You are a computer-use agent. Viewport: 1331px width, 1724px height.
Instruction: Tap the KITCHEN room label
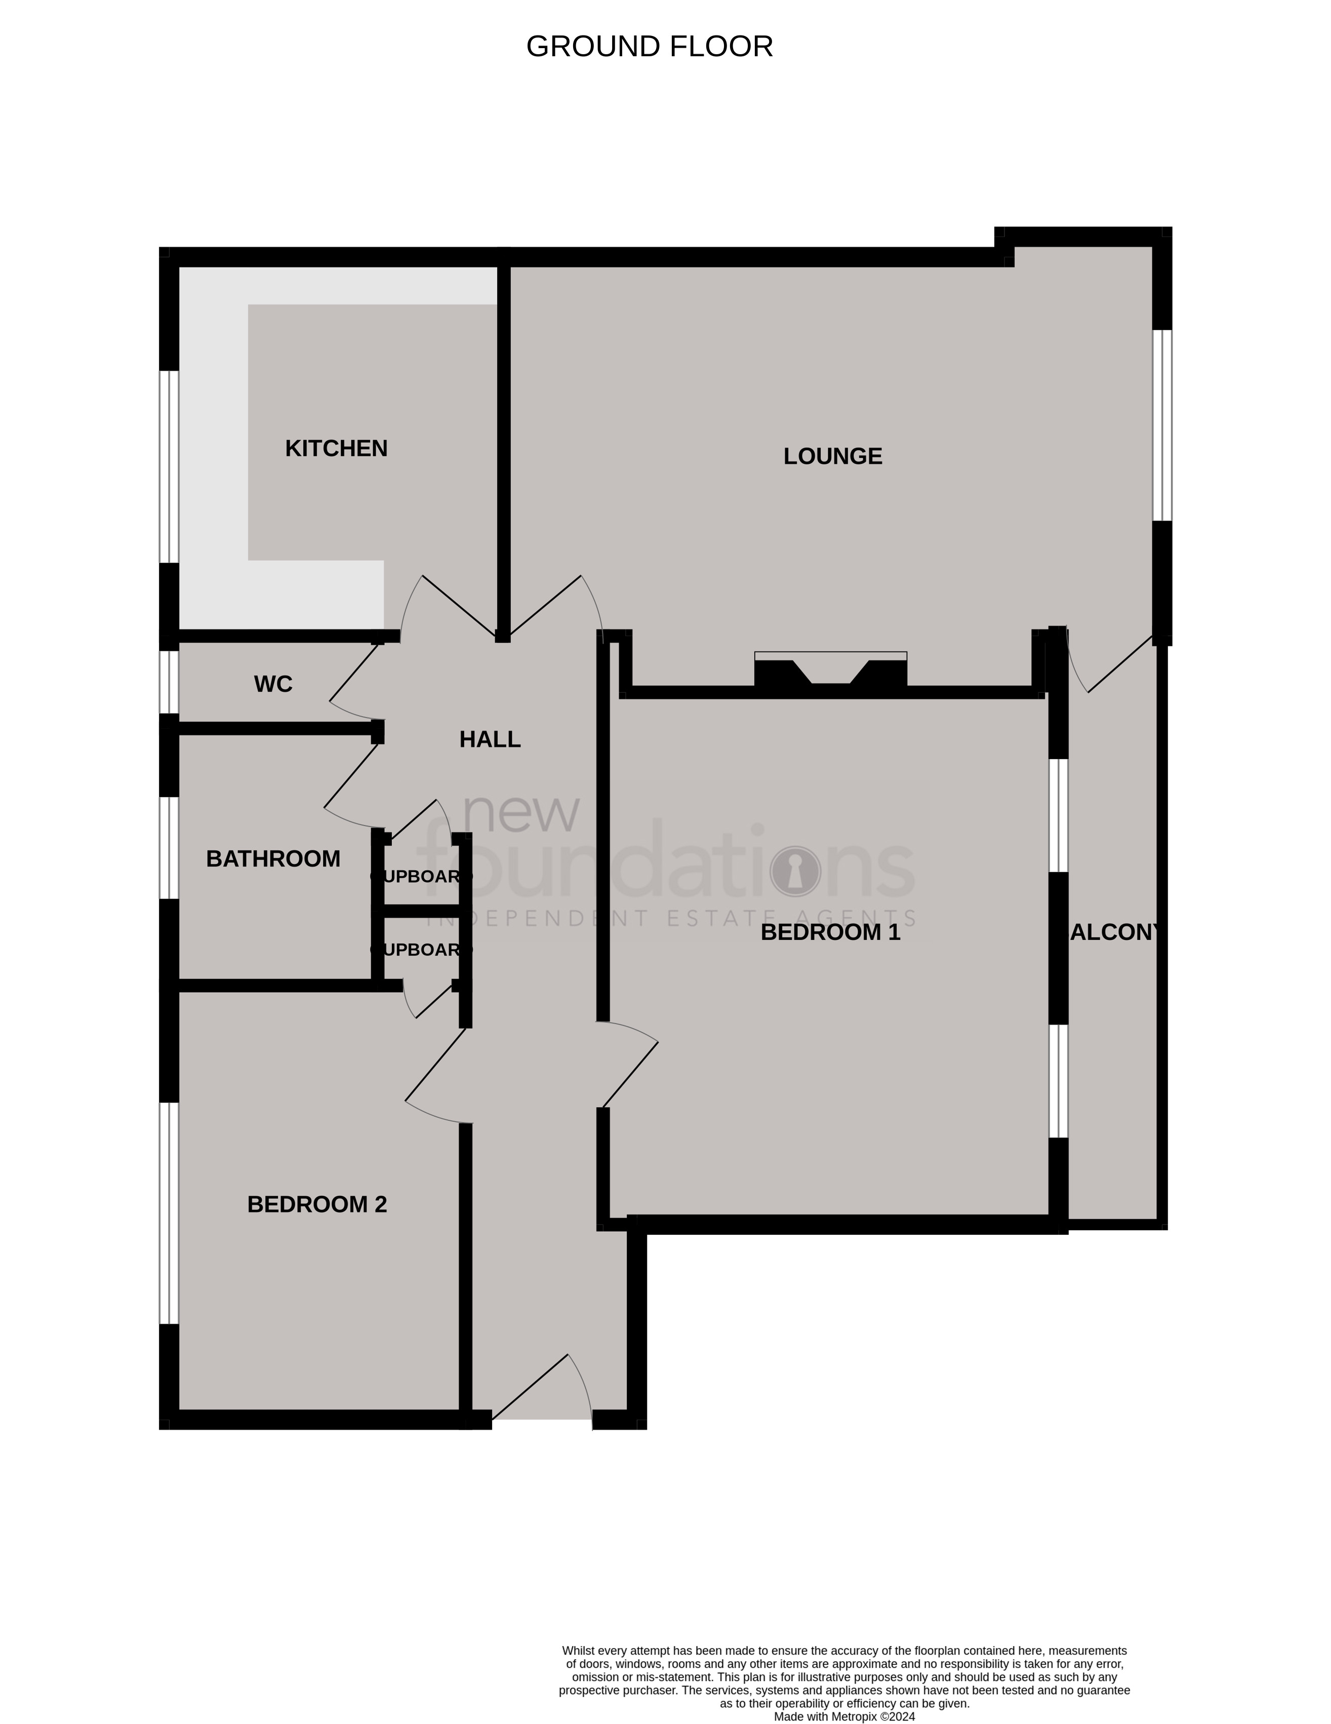[x=336, y=448]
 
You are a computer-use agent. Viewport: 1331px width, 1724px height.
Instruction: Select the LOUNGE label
[x=832, y=456]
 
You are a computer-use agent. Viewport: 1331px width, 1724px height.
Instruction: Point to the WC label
[x=273, y=684]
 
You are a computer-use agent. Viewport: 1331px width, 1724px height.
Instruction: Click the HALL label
[x=490, y=739]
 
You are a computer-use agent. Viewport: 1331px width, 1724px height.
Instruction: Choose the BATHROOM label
[x=273, y=859]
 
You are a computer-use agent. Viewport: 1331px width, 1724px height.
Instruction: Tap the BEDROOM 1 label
[x=830, y=932]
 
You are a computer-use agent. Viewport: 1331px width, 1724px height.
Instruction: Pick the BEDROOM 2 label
[x=317, y=1204]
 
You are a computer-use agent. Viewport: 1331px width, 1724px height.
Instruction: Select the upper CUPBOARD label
[x=421, y=876]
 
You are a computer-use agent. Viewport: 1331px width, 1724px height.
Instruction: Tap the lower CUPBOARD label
[x=421, y=950]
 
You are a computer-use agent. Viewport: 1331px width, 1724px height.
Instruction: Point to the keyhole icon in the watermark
[x=795, y=872]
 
